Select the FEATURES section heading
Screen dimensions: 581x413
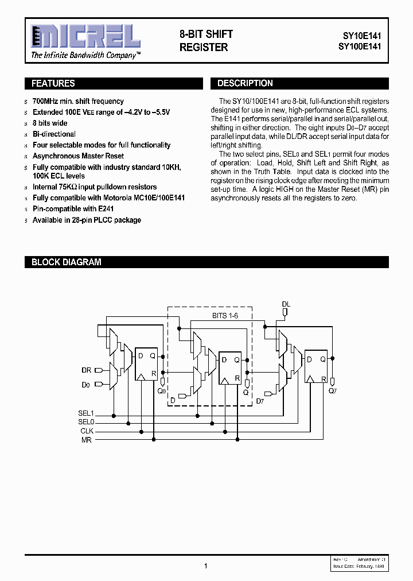[x=53, y=84]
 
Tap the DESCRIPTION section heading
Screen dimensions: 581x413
[x=245, y=84]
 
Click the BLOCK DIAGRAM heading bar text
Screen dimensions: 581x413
[x=66, y=262]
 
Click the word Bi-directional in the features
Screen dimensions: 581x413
[x=54, y=134]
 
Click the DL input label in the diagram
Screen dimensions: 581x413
[x=286, y=304]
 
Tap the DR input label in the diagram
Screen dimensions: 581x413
[x=86, y=370]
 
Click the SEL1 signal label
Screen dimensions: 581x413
[x=86, y=413]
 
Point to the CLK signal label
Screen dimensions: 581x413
[x=87, y=431]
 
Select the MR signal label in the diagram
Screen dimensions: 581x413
[x=87, y=440]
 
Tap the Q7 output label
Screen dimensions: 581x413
[x=333, y=390]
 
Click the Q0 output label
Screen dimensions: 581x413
[x=162, y=390]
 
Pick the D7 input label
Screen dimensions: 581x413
[x=260, y=400]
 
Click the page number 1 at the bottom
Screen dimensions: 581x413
[x=205, y=566]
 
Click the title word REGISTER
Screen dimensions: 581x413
[x=204, y=48]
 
